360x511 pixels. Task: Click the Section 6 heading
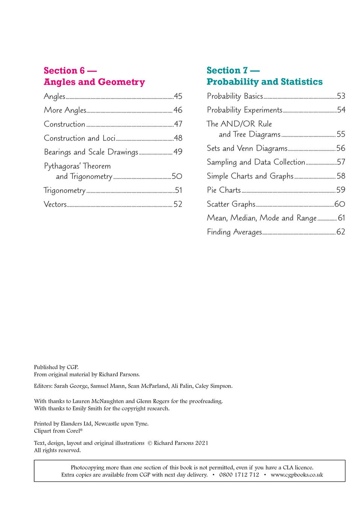(70, 71)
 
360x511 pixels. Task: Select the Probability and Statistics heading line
(264, 82)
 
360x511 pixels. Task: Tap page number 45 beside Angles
(178, 96)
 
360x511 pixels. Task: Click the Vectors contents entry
(55, 204)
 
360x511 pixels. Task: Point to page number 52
(178, 204)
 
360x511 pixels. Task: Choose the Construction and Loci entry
(80, 138)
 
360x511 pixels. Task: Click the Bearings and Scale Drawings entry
(91, 152)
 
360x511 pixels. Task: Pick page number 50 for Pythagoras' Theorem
(177, 176)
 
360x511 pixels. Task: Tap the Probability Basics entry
(235, 96)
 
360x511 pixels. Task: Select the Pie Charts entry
(224, 190)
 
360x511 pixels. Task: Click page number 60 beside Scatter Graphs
(339, 204)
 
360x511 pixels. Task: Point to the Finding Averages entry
(234, 232)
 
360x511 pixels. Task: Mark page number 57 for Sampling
(341, 162)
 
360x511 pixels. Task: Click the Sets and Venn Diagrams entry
(247, 148)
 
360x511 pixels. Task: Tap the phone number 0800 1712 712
(239, 475)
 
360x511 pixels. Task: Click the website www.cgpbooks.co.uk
(296, 475)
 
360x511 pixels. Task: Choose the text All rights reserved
(57, 450)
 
